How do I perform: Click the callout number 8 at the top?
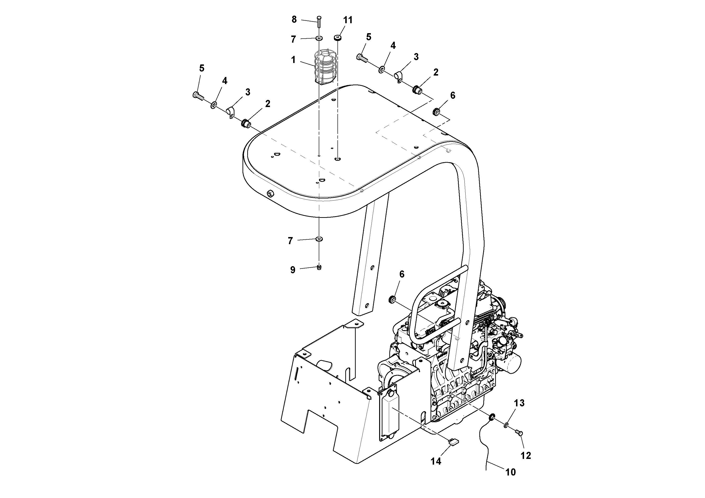(294, 20)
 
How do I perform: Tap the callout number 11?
(348, 20)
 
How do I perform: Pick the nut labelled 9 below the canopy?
(319, 267)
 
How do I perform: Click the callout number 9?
(293, 270)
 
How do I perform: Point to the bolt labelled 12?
(519, 433)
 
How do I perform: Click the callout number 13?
(519, 403)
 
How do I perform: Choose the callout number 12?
(526, 456)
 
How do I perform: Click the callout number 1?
(293, 60)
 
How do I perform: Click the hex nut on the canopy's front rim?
(270, 193)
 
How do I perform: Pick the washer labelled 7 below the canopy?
(319, 239)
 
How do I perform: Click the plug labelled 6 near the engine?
(392, 299)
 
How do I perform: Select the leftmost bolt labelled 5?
(197, 96)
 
